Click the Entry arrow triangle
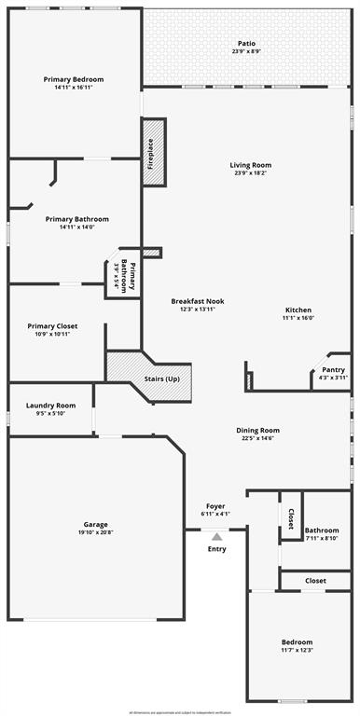[216, 536]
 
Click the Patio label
[246, 43]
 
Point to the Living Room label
[251, 165]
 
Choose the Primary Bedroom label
[74, 80]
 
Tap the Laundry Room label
[50, 405]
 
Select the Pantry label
[333, 369]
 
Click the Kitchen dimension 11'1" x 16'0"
[298, 318]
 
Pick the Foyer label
[215, 505]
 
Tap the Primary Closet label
[52, 325]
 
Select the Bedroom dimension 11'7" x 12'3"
[298, 650]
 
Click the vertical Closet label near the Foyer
[291, 518]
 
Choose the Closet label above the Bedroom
[315, 581]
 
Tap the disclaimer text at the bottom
[180, 711]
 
